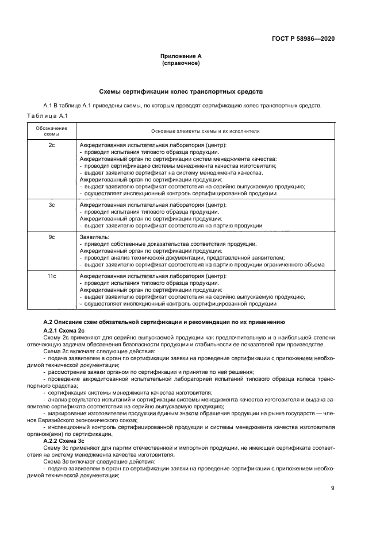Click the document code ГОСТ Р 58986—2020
point(302,38)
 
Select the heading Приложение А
point(181,56)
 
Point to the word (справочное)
point(181,63)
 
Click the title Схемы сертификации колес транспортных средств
point(181,91)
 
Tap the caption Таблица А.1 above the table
point(43,115)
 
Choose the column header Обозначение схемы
point(51,131)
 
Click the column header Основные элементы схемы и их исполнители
point(205,131)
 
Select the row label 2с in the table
point(51,145)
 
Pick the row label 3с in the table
point(51,204)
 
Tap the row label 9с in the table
point(51,237)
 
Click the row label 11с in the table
point(51,276)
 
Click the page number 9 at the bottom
point(332,489)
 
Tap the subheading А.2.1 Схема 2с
point(64,331)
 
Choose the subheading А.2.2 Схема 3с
point(64,441)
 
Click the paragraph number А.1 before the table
point(49,106)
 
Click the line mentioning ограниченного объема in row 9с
point(202,265)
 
